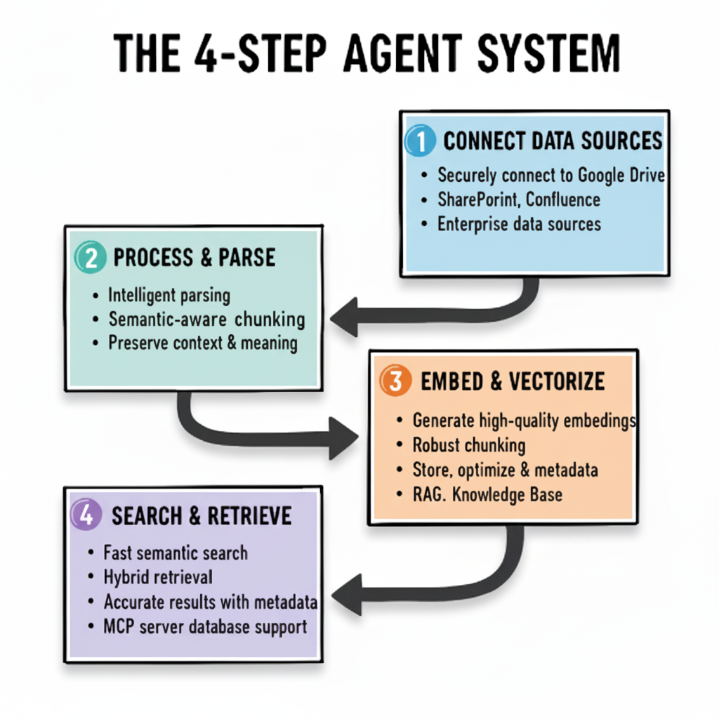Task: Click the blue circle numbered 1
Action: point(420,141)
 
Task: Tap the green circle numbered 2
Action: point(88,258)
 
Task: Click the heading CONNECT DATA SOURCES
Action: point(553,141)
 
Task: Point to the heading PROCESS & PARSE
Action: point(194,258)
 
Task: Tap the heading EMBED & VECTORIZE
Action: point(512,381)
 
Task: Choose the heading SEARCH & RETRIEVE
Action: point(201,516)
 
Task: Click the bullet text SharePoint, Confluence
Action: point(518,199)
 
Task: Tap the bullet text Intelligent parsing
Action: point(169,296)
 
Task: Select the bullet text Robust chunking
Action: point(468,445)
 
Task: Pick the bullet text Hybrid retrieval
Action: point(158,577)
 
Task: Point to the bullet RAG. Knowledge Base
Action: point(487,494)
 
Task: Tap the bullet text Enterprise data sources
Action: point(519,224)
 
